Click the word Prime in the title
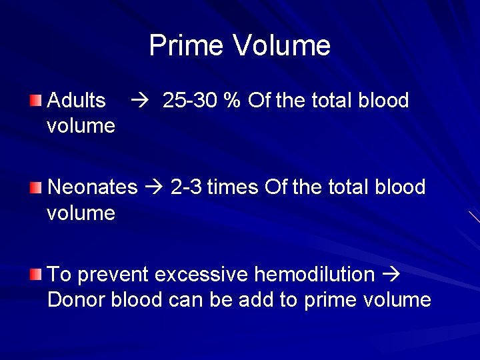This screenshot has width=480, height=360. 187,45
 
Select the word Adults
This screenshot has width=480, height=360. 77,101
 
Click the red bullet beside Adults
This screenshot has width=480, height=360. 35,101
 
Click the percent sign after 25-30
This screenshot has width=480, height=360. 232,101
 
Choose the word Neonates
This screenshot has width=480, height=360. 93,187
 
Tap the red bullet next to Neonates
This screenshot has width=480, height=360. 35,187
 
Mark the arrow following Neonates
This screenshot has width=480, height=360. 153,188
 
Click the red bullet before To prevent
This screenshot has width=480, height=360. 35,274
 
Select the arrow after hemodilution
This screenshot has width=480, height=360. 391,275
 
